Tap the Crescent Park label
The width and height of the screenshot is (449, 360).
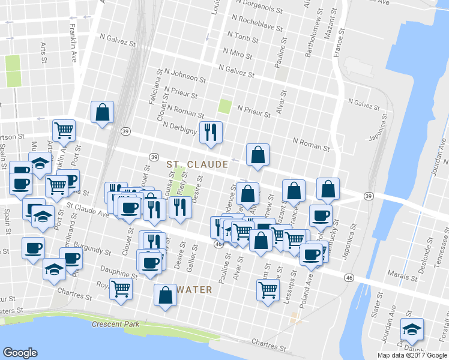pos(116,325)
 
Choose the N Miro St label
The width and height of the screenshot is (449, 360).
pos(235,54)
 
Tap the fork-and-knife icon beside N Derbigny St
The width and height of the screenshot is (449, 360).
pos(210,132)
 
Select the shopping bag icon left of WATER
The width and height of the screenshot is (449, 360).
pos(165,295)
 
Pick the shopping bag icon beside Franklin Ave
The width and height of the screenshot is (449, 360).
pos(102,112)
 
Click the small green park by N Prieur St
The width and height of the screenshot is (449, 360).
pos(224,107)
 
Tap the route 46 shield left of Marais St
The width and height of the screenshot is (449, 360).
pos(349,277)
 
